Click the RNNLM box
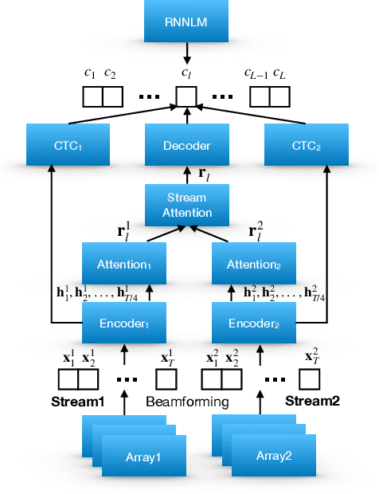(x=186, y=22)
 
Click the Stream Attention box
(x=187, y=206)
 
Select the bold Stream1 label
(x=78, y=401)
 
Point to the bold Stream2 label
(x=313, y=401)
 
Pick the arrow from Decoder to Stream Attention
(x=187, y=174)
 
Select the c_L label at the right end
(x=279, y=74)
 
